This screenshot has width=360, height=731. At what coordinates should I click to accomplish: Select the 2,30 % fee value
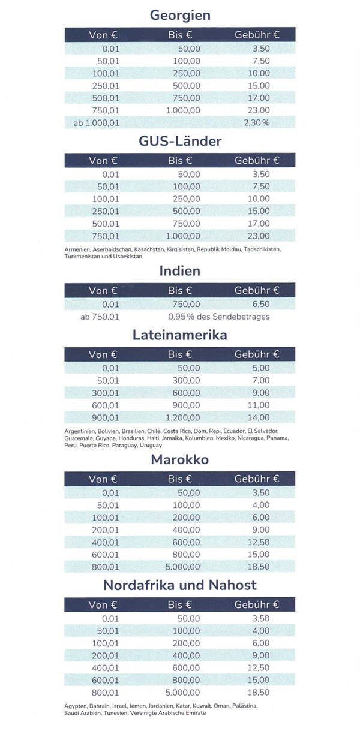pyautogui.click(x=257, y=123)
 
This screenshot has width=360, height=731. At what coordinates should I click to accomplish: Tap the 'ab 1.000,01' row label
pyautogui.click(x=96, y=123)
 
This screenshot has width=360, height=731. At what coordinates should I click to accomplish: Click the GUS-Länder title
pyautogui.click(x=180, y=141)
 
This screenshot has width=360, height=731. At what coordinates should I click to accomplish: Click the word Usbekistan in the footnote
pyautogui.click(x=130, y=256)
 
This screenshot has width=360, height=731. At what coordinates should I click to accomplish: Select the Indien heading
pyautogui.click(x=180, y=271)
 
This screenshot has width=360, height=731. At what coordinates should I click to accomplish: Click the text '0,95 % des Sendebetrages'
pyautogui.click(x=219, y=317)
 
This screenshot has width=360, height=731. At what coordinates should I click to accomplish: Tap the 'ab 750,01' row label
pyautogui.click(x=100, y=317)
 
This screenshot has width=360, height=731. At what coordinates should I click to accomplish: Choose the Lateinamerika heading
pyautogui.click(x=180, y=335)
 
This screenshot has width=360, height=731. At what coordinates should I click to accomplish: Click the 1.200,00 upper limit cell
pyautogui.click(x=183, y=417)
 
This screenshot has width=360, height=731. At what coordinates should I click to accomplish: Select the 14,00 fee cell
pyautogui.click(x=259, y=417)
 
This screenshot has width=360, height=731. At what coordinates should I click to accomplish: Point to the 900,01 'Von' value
pyautogui.click(x=105, y=417)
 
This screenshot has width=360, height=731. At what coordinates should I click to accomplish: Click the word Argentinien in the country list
pyautogui.click(x=80, y=431)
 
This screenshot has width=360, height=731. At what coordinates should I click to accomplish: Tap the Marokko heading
pyautogui.click(x=180, y=460)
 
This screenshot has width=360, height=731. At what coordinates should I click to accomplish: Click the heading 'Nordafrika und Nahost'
pyautogui.click(x=180, y=585)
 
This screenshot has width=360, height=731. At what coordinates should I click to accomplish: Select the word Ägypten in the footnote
pyautogui.click(x=76, y=706)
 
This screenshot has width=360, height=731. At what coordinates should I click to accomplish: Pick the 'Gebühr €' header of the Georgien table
pyautogui.click(x=257, y=35)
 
